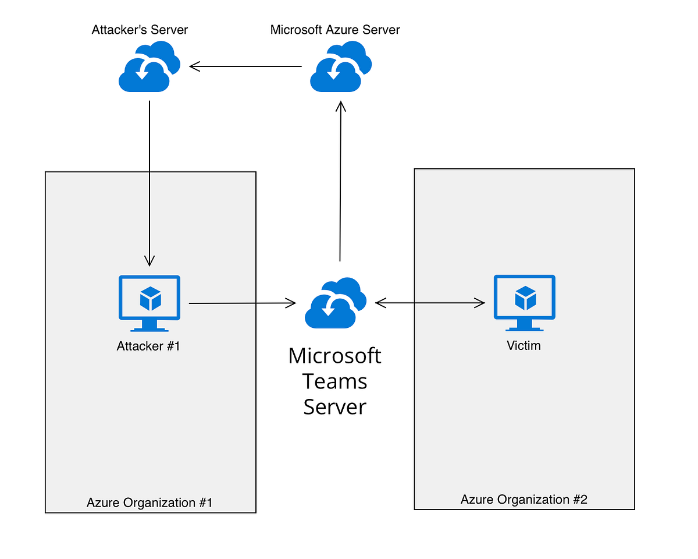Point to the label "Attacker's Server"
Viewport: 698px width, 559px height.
coord(140,29)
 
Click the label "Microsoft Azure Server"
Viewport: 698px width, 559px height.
coord(335,29)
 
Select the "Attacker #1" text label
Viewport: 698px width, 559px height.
coord(148,346)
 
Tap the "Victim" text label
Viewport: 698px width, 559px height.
coord(523,345)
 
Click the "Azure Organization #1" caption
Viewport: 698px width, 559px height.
coord(149,502)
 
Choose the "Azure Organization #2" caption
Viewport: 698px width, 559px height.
coord(523,499)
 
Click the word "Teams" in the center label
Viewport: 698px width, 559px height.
coord(335,381)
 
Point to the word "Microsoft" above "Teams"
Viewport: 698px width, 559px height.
coord(335,355)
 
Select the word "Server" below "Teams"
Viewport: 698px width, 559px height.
coord(335,406)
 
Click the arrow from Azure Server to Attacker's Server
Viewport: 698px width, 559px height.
coord(246,66)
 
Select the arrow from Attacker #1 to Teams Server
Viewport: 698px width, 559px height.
coord(241,303)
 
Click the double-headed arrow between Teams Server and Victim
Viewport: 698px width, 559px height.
coord(430,303)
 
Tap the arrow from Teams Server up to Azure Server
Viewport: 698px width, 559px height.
coord(340,181)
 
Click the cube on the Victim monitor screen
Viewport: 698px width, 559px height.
coord(525,298)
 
